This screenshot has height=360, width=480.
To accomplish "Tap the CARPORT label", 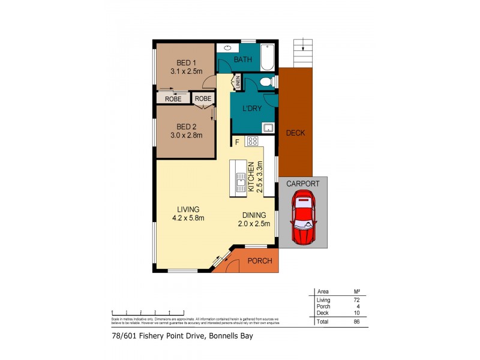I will (303, 184).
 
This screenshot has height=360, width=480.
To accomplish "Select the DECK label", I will (295, 133).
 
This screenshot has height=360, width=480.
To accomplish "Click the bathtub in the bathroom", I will (268, 57).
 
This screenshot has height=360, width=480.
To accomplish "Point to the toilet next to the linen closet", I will (268, 82).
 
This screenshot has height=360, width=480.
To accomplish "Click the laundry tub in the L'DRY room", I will (268, 127).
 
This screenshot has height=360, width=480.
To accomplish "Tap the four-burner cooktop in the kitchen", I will (252, 142).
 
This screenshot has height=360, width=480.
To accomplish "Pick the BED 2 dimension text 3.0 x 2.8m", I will (186, 136).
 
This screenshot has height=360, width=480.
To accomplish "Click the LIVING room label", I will (188, 209).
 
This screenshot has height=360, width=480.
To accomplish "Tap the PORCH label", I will (259, 261).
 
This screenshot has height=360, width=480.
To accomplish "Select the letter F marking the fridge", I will (237, 142).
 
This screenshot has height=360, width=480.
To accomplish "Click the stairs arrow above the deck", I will (304, 43).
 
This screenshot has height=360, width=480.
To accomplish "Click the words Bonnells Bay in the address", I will (230, 336).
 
